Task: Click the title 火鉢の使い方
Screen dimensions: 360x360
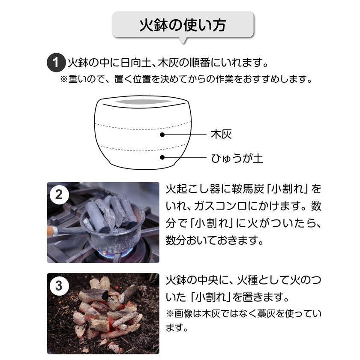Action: pos(183,25)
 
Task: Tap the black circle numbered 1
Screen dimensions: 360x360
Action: pos(55,63)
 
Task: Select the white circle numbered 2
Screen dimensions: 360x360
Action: pos(59,195)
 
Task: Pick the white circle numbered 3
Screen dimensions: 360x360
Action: pos(59,286)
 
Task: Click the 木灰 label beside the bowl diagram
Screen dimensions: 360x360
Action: pos(221,134)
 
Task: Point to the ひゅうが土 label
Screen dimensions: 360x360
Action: pos(237,158)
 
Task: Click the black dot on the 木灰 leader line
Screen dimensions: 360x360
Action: pos(162,135)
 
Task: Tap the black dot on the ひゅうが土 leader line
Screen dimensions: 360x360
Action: pos(162,157)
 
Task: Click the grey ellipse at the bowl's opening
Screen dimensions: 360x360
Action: pos(142,102)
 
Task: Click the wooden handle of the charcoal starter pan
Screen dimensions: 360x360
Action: pos(51,231)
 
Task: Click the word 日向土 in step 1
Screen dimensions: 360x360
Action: pos(135,63)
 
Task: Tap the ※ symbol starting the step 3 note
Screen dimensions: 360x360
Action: pos(170,314)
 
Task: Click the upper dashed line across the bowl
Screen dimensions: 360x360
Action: pos(143,127)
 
